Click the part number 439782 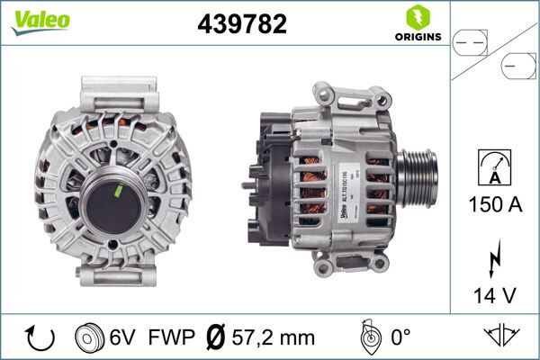click(241, 24)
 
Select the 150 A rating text click(496, 205)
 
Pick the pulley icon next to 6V click(90, 337)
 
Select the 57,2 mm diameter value click(274, 337)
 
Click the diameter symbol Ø click(215, 337)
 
